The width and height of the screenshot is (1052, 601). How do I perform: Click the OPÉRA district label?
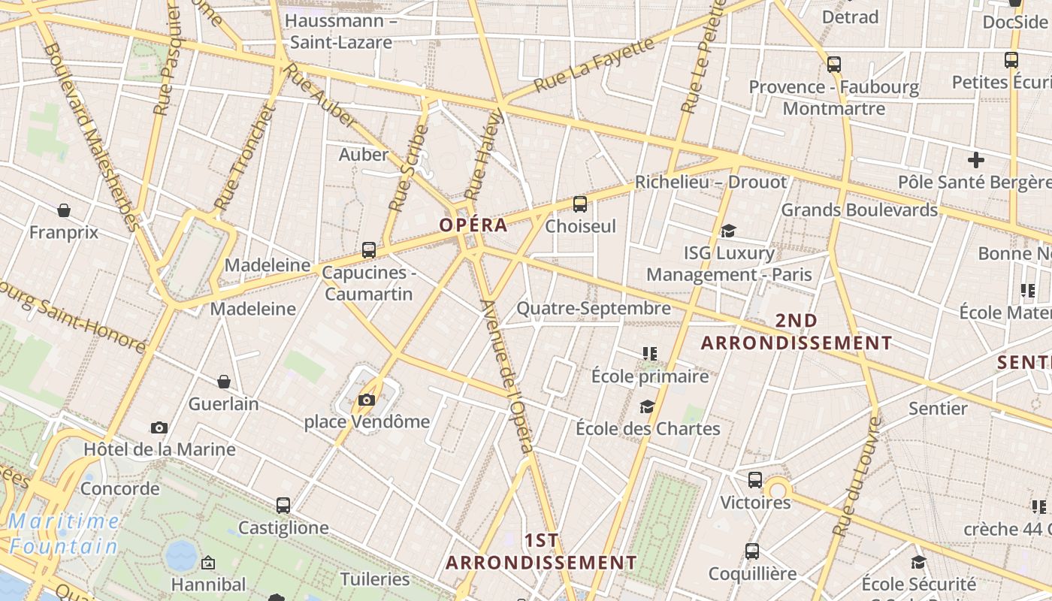click(x=473, y=225)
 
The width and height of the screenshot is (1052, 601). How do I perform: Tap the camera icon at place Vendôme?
click(x=367, y=400)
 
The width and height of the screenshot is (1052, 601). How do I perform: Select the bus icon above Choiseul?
click(x=579, y=204)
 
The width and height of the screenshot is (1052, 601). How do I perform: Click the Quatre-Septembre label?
click(x=594, y=309)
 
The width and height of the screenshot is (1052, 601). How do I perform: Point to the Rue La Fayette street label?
click(x=594, y=65)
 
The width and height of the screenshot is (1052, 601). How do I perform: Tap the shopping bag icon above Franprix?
click(x=64, y=210)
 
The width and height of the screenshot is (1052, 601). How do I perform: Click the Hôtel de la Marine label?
click(x=159, y=450)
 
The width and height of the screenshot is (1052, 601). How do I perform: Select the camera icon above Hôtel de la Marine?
click(x=159, y=427)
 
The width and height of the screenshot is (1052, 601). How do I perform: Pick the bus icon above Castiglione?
click(x=283, y=506)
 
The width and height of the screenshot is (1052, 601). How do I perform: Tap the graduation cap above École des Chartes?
click(x=647, y=406)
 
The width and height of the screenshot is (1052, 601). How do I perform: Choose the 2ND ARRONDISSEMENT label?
click(x=797, y=332)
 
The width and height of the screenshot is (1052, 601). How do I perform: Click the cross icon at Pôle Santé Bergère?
click(x=976, y=159)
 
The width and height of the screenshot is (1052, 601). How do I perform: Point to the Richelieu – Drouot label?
click(x=711, y=182)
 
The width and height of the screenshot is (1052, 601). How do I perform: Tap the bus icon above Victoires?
click(x=755, y=480)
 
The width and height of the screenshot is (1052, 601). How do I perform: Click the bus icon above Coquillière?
click(x=752, y=551)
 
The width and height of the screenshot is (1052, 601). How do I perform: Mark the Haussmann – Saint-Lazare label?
click(x=341, y=31)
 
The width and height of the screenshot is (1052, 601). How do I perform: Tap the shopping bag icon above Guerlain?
click(x=223, y=382)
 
